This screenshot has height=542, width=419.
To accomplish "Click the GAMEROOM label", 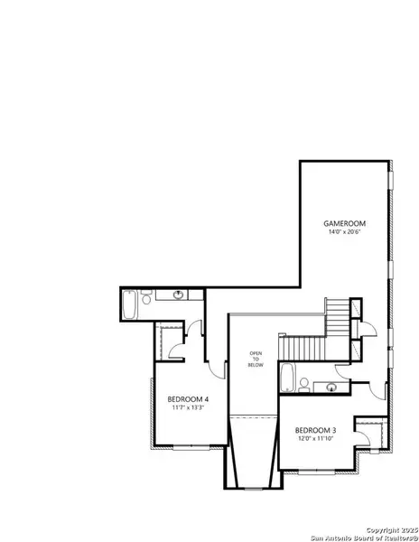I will click(343, 222).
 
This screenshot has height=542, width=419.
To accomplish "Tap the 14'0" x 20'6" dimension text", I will click(343, 232).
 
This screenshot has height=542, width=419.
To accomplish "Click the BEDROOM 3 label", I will click(315, 430).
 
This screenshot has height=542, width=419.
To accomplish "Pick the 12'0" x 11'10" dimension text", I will click(315, 440).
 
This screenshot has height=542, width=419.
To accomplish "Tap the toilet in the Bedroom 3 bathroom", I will click(305, 384).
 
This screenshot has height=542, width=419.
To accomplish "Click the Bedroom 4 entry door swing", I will click(215, 367).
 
